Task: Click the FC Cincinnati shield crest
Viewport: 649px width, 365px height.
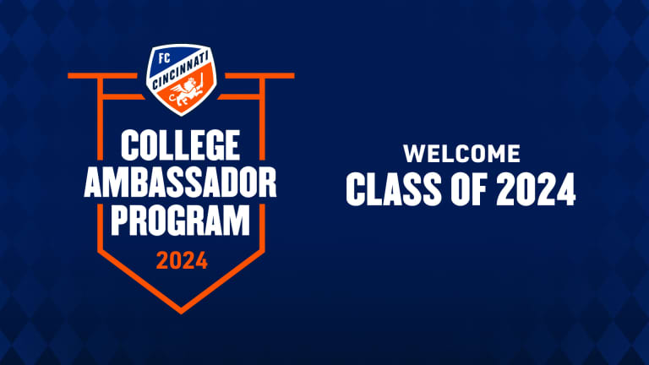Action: point(182,79)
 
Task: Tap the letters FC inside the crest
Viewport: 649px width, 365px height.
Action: point(164,58)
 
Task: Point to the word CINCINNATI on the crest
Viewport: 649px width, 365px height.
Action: point(181,71)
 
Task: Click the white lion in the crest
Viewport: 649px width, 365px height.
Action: point(186,93)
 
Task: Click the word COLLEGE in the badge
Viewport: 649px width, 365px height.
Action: point(181,144)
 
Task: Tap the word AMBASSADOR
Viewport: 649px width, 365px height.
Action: point(181,182)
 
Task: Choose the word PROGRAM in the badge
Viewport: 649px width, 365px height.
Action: point(181,221)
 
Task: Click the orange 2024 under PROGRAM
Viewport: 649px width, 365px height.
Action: point(182,261)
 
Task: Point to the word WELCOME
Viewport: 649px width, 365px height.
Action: point(462,154)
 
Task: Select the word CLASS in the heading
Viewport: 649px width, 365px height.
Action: point(394,189)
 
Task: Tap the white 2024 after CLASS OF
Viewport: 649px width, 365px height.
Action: point(536,189)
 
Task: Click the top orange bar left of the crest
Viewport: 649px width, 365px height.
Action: point(102,76)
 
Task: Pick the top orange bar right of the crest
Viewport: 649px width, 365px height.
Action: point(260,76)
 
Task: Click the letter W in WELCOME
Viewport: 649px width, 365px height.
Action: point(415,154)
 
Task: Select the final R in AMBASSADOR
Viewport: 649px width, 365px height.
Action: point(268,182)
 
